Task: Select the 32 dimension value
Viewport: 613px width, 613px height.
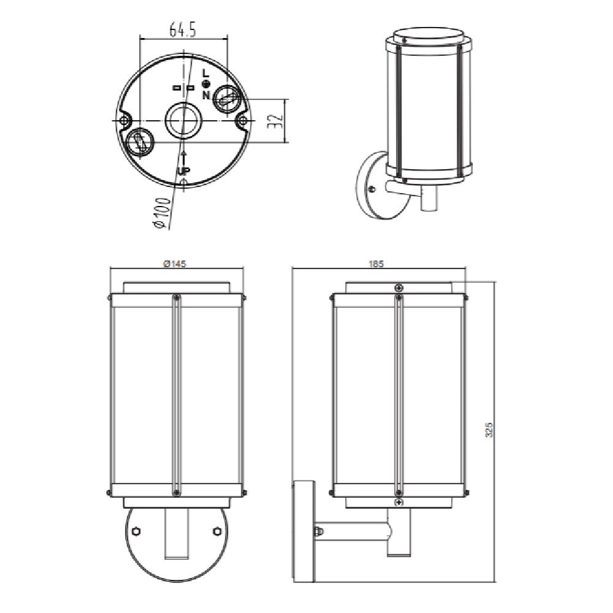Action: click(x=277, y=121)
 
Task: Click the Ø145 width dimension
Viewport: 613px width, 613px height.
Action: click(x=175, y=264)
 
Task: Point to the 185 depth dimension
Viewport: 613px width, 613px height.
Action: click(x=376, y=264)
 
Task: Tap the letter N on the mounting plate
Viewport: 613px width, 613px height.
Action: click(x=206, y=95)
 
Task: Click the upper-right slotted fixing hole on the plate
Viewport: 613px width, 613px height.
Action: click(x=227, y=98)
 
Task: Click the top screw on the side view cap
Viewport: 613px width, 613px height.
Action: click(x=399, y=287)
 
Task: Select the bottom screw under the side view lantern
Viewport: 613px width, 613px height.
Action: click(x=399, y=502)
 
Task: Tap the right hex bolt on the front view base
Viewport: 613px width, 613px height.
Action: click(x=216, y=531)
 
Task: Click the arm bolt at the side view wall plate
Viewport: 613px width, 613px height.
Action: click(x=318, y=531)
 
